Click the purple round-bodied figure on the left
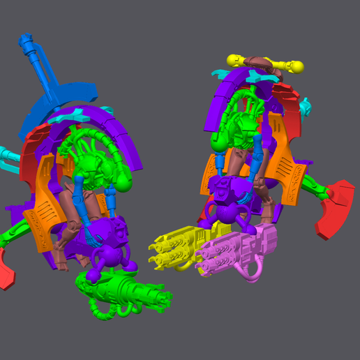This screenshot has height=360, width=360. [105, 244]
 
